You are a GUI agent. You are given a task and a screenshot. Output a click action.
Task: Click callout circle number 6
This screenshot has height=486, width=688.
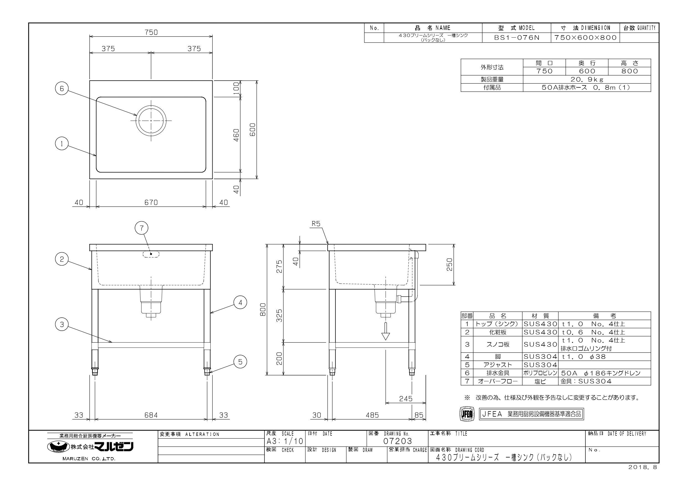pos(62,89)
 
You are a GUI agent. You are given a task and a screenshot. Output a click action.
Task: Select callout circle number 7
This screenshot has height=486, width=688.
pos(142,228)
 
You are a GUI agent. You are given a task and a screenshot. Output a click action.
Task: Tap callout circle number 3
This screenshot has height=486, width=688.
pos(62,325)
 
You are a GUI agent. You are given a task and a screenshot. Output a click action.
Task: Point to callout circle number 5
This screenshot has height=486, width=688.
pos(240,362)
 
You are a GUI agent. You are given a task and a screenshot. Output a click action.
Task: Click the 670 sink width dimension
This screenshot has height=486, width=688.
pos(151,203)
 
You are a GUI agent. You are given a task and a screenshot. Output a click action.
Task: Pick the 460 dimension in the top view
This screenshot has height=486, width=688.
pos(236,135)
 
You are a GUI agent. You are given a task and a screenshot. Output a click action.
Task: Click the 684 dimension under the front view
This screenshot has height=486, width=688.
pos(151,415)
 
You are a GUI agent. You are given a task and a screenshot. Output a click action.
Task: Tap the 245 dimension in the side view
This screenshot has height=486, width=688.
pos(406,398)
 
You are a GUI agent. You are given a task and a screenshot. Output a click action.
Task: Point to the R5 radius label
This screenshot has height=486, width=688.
pos(316,223)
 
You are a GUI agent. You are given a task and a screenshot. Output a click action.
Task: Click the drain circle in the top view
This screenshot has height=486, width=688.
pos(151,120)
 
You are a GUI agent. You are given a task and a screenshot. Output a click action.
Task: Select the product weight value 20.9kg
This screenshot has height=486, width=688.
pos(587,79)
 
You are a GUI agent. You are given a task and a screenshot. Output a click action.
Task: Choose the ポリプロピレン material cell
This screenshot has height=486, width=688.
pos(540,373)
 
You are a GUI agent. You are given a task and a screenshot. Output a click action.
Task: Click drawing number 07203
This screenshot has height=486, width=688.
pos(398,441)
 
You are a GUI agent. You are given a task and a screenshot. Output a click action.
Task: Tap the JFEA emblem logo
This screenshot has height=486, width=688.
pos(467,414)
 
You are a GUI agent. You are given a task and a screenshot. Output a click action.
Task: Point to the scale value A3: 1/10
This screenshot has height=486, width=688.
pos(285,441)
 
